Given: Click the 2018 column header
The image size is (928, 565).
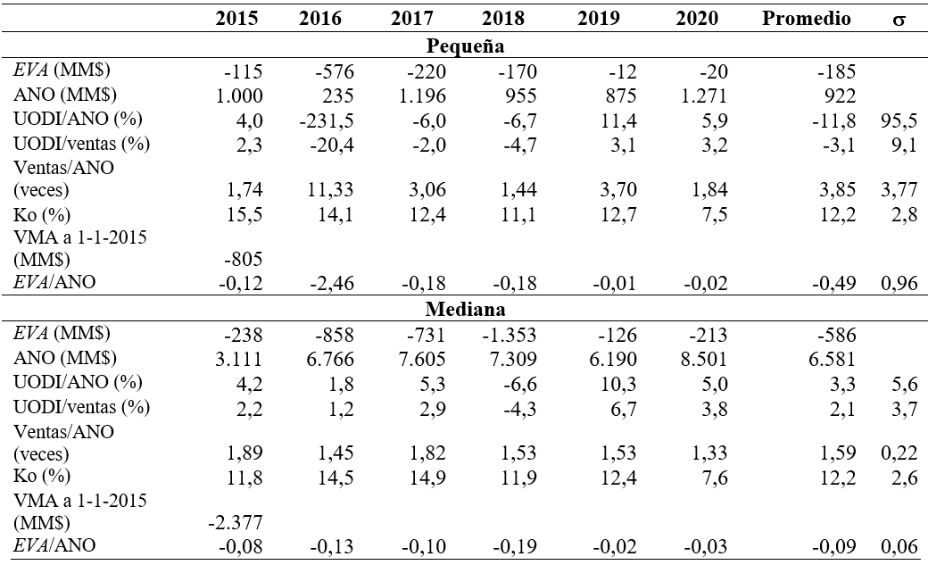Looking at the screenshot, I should pyautogui.click(x=503, y=18).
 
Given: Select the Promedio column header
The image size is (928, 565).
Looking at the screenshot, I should pyautogui.click(x=807, y=18).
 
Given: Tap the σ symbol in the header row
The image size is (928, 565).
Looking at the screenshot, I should pyautogui.click(x=899, y=19).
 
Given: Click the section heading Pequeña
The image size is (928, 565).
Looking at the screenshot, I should pyautogui.click(x=467, y=46).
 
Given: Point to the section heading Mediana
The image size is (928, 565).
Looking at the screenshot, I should pyautogui.click(x=467, y=310).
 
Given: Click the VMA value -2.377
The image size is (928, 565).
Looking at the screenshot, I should pyautogui.click(x=234, y=522).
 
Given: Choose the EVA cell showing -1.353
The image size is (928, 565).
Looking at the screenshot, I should pyautogui.click(x=499, y=335).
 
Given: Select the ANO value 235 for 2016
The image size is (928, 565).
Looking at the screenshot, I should pyautogui.click(x=334, y=95).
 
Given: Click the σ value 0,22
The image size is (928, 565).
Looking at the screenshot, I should pyautogui.click(x=897, y=453).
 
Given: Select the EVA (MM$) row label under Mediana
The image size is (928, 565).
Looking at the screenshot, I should pyautogui.click(x=57, y=335).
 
